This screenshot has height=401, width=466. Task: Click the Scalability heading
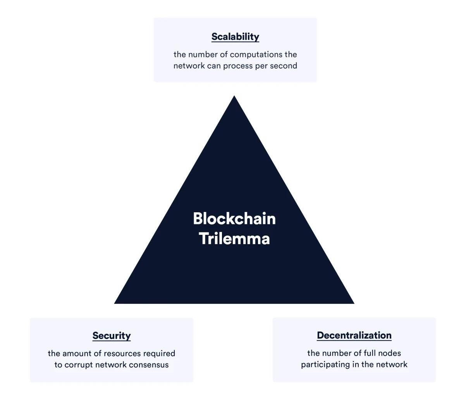click(235, 37)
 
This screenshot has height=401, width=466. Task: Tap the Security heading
click(112, 336)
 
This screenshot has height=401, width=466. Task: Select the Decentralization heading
click(354, 335)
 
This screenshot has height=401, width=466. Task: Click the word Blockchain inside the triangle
click(234, 219)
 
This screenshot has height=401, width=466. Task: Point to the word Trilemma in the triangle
click(234, 239)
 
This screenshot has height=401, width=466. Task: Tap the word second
click(283, 65)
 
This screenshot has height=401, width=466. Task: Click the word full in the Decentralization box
click(370, 353)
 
